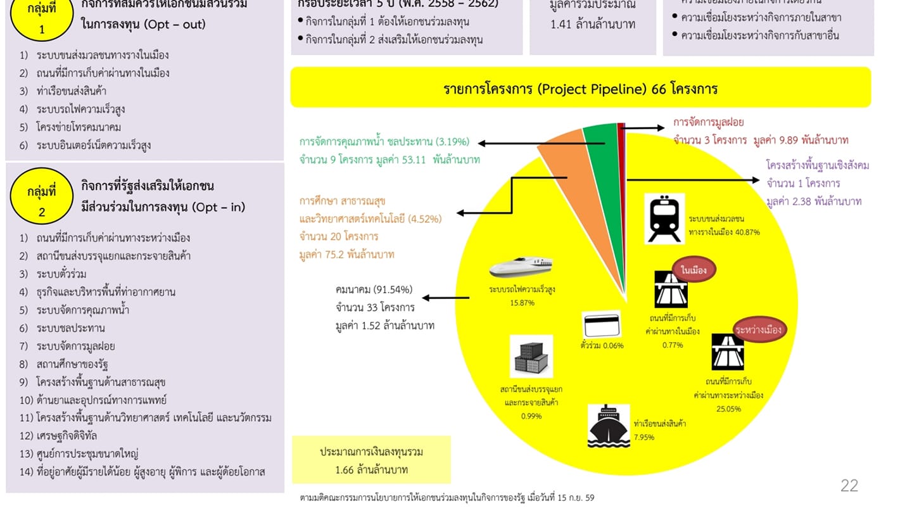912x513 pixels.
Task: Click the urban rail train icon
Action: coord(664,218)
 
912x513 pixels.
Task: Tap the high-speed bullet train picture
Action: coord(521,268)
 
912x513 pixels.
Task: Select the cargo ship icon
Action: coord(609,426)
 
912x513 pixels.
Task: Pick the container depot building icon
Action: coord(531,357)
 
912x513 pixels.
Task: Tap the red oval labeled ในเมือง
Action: coord(694,270)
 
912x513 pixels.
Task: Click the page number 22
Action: coord(849,486)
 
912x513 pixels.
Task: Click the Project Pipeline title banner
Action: coord(580,87)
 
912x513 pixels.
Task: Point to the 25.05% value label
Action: coord(728,408)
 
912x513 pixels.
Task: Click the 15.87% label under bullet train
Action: coord(522,303)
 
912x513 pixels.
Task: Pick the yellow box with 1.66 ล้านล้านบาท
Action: coord(371,460)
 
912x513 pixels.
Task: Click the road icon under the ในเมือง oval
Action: coord(671,289)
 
